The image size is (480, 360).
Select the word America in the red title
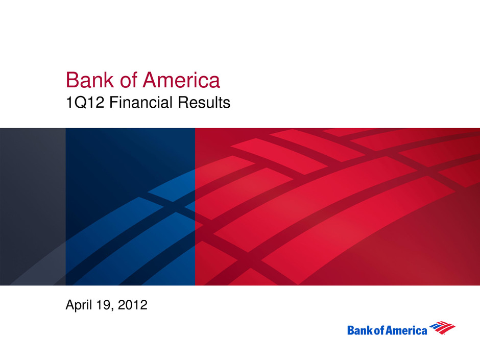click(x=181, y=80)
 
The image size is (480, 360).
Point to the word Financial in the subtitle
click(x=141, y=102)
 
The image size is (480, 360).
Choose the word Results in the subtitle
click(x=204, y=102)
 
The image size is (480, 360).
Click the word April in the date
click(x=79, y=305)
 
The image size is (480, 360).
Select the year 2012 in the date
click(x=133, y=304)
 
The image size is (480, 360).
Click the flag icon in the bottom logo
click(x=442, y=328)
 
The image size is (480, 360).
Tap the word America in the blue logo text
click(x=406, y=330)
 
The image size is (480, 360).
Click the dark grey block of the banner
click(x=33, y=207)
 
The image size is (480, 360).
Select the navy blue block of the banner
click(x=130, y=207)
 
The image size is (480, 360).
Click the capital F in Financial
click(x=114, y=102)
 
